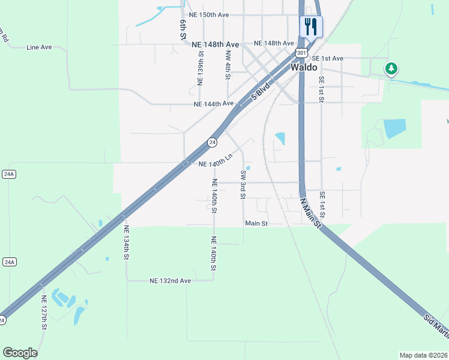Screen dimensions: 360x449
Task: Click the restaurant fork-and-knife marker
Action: [311, 27]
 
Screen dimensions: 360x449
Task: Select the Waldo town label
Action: [304, 68]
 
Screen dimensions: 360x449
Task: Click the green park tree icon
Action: [391, 69]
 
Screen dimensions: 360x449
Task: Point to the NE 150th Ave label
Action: [209, 14]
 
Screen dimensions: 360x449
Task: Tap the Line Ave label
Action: [39, 47]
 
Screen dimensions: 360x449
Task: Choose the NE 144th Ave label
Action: [214, 104]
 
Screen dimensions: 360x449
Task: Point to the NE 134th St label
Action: [126, 242]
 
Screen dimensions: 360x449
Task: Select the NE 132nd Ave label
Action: [170, 281]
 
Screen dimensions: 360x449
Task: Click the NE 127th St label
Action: [44, 313]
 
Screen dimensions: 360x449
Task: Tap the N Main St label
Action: [311, 212]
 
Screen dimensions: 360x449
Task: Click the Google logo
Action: [20, 353]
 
